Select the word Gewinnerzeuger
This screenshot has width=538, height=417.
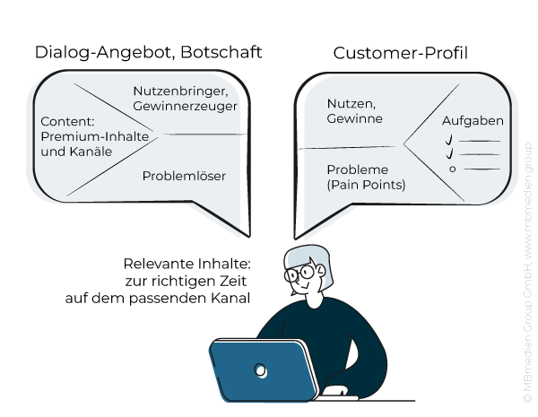click(x=185, y=106)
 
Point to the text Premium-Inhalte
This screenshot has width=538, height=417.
click(x=95, y=135)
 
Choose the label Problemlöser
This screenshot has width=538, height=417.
click(x=184, y=176)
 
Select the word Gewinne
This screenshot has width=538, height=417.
click(x=354, y=118)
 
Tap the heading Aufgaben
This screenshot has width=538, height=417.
click(x=473, y=120)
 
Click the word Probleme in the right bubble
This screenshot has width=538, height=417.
click(x=357, y=169)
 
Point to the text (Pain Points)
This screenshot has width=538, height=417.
click(x=366, y=185)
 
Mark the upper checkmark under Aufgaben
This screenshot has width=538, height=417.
click(x=450, y=140)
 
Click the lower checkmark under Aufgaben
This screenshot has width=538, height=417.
click(x=450, y=154)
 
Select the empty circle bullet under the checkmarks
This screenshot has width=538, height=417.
click(x=452, y=169)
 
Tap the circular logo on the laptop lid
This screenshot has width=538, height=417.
click(x=261, y=369)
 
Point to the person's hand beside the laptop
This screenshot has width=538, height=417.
click(x=335, y=391)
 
